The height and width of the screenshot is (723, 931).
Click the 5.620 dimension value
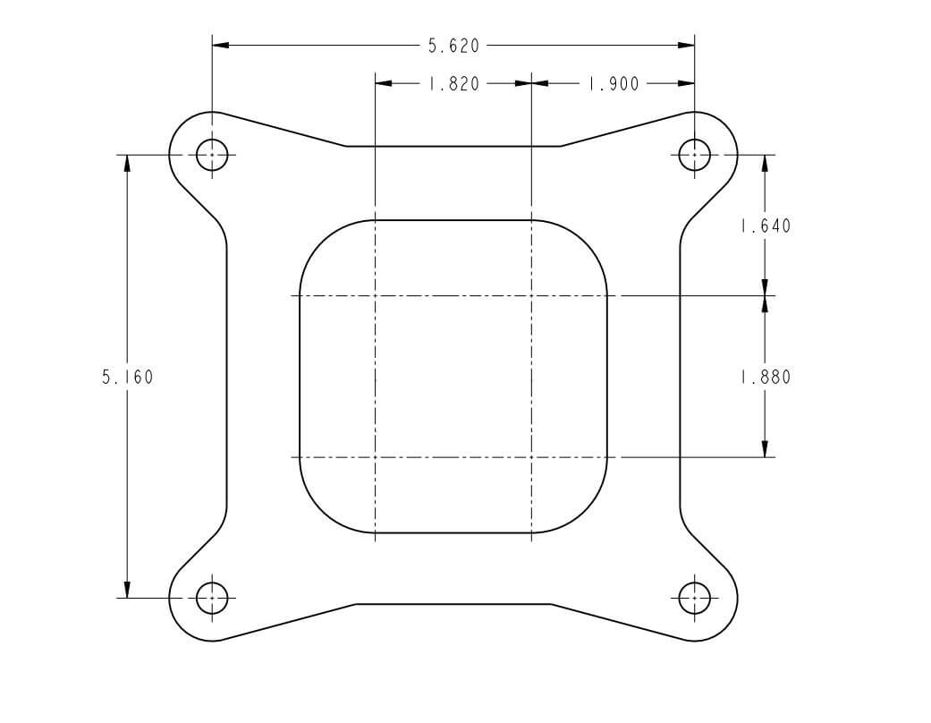(453, 45)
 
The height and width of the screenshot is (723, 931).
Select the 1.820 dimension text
(453, 84)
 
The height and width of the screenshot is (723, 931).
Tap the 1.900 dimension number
(614, 84)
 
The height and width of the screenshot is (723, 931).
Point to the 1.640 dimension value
(766, 226)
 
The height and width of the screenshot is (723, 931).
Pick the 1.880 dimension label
(766, 378)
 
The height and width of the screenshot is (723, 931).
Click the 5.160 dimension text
(127, 378)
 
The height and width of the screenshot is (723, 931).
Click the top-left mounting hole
(212, 155)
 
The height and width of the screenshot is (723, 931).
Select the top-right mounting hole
(695, 155)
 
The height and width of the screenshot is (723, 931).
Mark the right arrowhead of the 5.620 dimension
(686, 45)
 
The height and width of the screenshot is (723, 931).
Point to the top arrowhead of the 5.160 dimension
(127, 164)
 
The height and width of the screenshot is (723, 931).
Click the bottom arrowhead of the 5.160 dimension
(127, 588)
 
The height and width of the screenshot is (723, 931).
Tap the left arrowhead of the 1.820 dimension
(384, 84)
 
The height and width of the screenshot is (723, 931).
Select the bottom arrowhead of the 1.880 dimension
(766, 448)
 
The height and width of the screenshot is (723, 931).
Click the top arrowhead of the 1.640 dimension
(766, 164)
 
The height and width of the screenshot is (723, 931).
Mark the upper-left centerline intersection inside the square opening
(375, 295)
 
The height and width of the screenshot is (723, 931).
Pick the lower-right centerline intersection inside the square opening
(532, 457)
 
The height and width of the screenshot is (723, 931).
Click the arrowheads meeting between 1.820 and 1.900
(532, 84)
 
